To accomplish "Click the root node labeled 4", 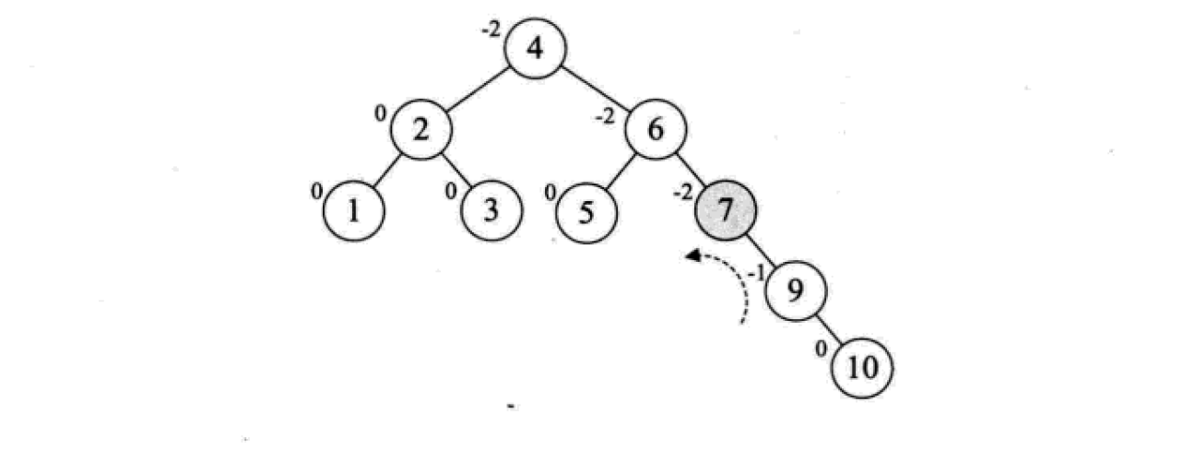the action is [x=535, y=48].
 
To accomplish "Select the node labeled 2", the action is [x=420, y=129].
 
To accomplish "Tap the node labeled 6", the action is [x=656, y=129].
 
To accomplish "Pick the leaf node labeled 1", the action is [x=354, y=211].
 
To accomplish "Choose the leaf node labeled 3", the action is [x=491, y=210].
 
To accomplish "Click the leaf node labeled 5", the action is [x=586, y=212].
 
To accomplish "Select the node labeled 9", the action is [x=796, y=290].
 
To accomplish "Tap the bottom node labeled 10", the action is [x=862, y=368].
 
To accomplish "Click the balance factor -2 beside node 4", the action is [x=491, y=30].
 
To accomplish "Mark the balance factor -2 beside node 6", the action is [x=605, y=116].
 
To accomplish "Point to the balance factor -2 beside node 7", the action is [x=682, y=193].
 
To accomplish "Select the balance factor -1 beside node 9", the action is [x=756, y=273].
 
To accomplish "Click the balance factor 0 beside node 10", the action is [x=821, y=349].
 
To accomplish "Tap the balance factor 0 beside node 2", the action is [x=380, y=113].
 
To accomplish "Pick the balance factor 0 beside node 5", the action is [x=550, y=194].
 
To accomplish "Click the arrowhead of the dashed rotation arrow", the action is [x=692, y=255].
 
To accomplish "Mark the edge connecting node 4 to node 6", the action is [x=595, y=89].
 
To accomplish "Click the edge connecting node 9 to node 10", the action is [x=829, y=329].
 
